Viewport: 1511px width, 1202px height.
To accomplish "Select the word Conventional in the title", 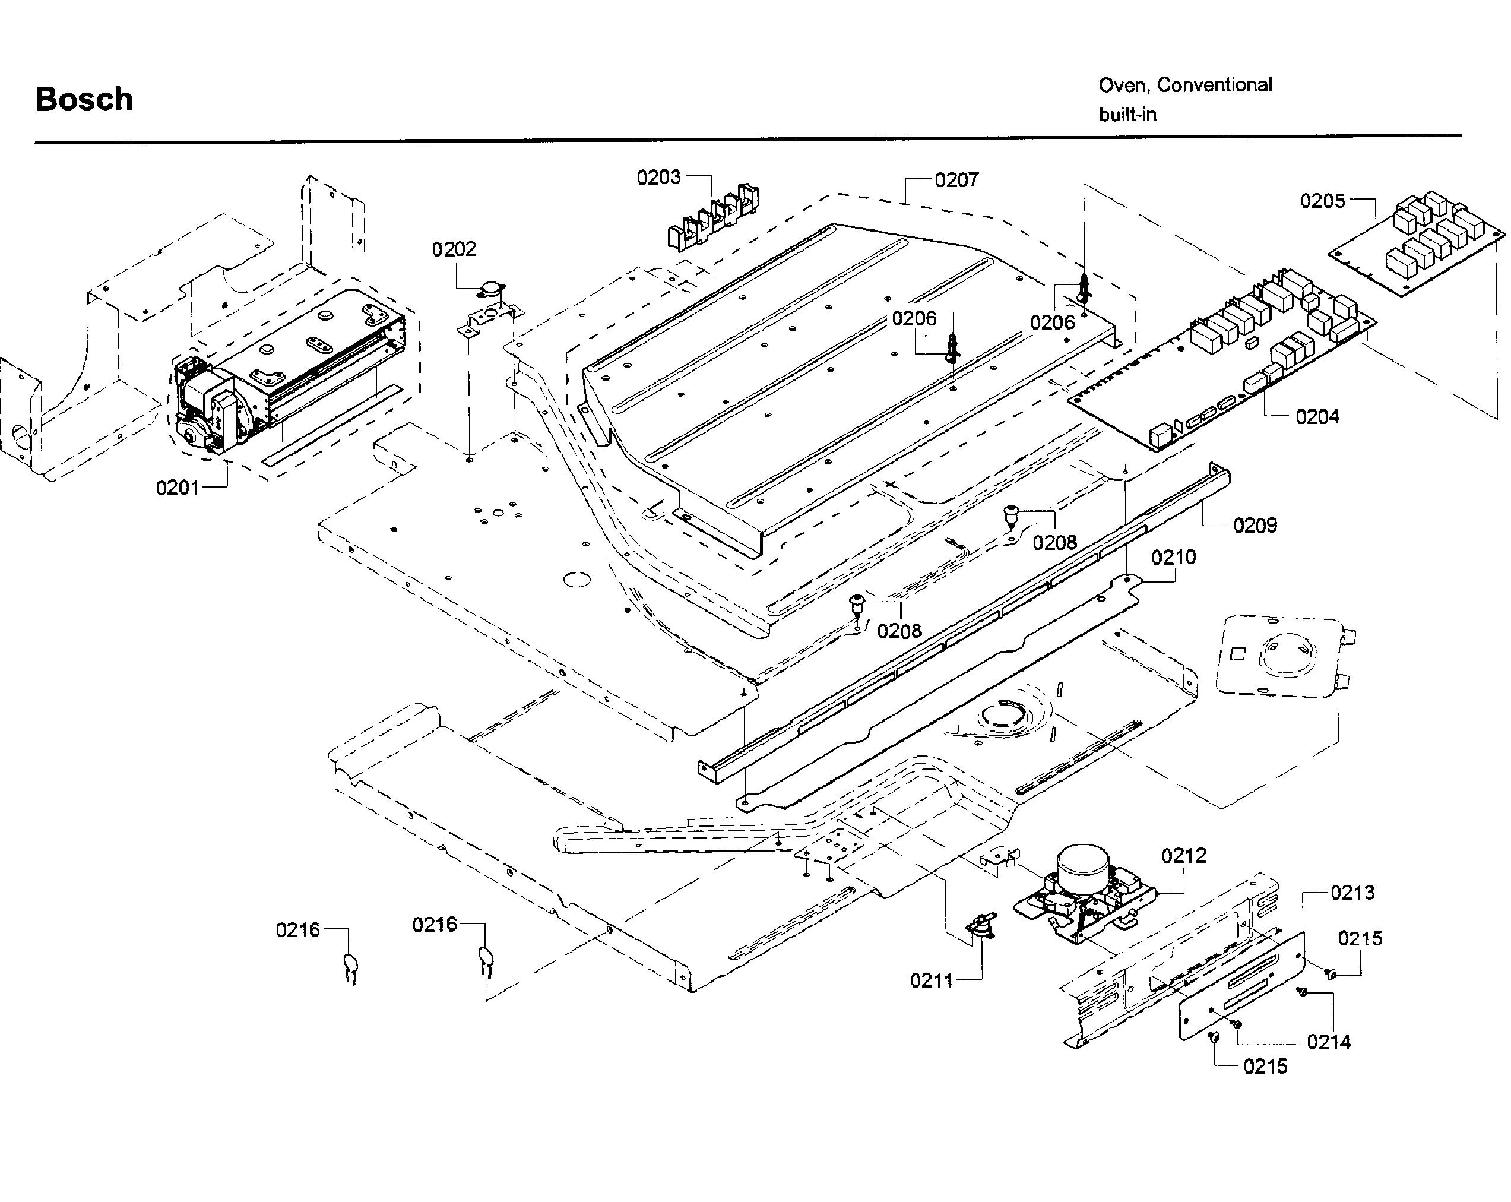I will coord(1215,85).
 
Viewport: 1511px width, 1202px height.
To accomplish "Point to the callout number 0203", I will coord(658,178).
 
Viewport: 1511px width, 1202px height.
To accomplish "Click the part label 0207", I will coord(956,180).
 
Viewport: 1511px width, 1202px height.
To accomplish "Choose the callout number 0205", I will coord(1322,201).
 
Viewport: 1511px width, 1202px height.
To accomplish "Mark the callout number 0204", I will coord(1317,417).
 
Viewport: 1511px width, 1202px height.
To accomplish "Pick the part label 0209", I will coord(1255,525).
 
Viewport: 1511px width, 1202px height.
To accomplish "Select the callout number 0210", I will coord(1173,557).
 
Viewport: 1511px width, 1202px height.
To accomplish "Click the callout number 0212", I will coord(1184,856).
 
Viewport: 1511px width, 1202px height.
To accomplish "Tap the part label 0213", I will coord(1352,893).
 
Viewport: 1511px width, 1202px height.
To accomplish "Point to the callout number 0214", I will coord(1329,1042).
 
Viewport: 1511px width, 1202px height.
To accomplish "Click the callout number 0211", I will coord(932,980).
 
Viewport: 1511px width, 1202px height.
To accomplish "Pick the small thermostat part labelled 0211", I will coord(981,925).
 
